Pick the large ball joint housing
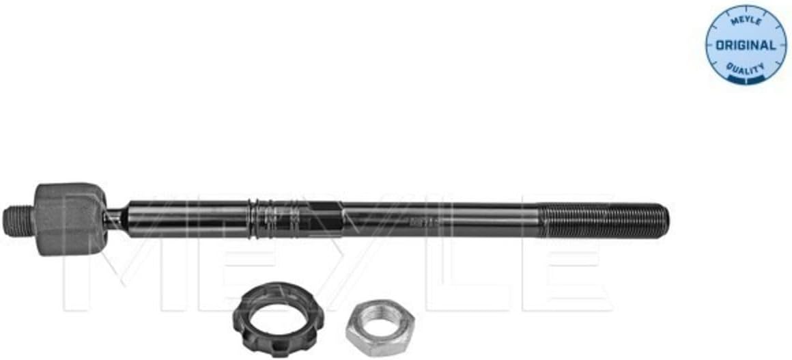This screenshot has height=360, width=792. pos(70,219)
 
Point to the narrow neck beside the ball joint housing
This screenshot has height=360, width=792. pos(116,219)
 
